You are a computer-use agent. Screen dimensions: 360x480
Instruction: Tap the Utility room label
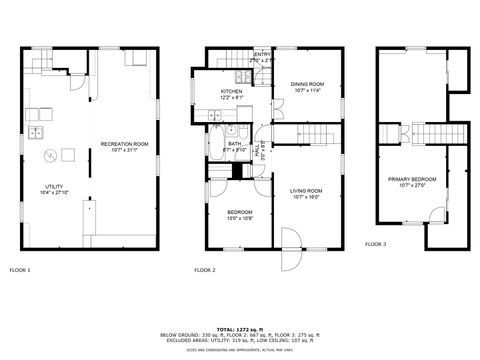[x=54, y=186]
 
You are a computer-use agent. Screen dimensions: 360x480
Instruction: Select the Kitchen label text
[x=231, y=91]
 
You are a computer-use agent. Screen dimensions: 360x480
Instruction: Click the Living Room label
[x=305, y=190]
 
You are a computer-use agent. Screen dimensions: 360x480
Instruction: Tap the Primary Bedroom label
[x=412, y=178]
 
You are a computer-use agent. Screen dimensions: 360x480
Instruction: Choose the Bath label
[x=234, y=144]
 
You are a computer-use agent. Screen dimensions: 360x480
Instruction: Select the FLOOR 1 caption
[x=20, y=270]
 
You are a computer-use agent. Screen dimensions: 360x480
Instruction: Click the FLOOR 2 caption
[x=205, y=270]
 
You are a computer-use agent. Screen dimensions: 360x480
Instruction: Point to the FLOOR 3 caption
[x=375, y=244]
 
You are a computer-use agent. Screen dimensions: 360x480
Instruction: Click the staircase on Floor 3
[x=424, y=133]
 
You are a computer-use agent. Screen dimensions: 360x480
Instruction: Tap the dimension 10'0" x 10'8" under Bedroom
[x=238, y=217]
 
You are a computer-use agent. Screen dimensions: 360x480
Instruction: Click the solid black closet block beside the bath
[x=238, y=170]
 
